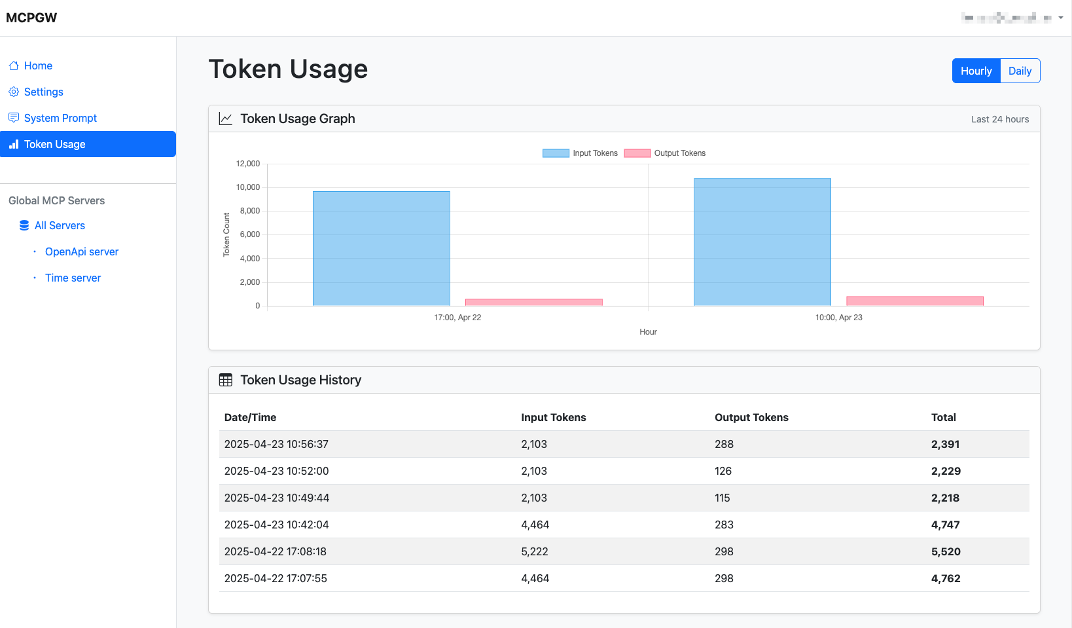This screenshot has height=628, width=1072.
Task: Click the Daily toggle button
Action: point(1020,71)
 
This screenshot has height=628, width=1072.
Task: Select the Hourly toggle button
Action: point(976,71)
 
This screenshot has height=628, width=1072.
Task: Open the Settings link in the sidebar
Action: point(43,92)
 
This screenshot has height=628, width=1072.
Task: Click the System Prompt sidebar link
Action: point(60,118)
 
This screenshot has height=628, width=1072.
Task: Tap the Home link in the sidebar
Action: point(38,65)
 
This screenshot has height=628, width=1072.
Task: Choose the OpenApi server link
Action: point(82,251)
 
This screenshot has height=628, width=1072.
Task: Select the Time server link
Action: point(73,278)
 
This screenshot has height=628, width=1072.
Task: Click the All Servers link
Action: point(60,225)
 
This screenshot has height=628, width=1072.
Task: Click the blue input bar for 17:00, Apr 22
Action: point(381,249)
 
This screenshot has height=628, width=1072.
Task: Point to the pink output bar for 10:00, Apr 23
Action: point(914,301)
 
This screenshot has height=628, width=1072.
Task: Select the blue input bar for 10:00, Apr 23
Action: point(762,242)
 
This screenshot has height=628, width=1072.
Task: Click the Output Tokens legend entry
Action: point(666,153)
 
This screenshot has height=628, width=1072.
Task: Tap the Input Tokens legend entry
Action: point(581,153)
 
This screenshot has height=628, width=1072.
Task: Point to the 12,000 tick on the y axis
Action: point(248,164)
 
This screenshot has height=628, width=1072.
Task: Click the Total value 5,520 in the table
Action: point(946,551)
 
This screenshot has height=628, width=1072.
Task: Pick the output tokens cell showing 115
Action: point(722,498)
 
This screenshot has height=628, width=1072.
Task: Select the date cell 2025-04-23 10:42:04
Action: point(276,525)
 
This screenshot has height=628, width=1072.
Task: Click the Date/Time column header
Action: point(250,417)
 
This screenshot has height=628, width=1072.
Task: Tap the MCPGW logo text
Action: point(31,18)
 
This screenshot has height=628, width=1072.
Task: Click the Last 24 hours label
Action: point(999,119)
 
